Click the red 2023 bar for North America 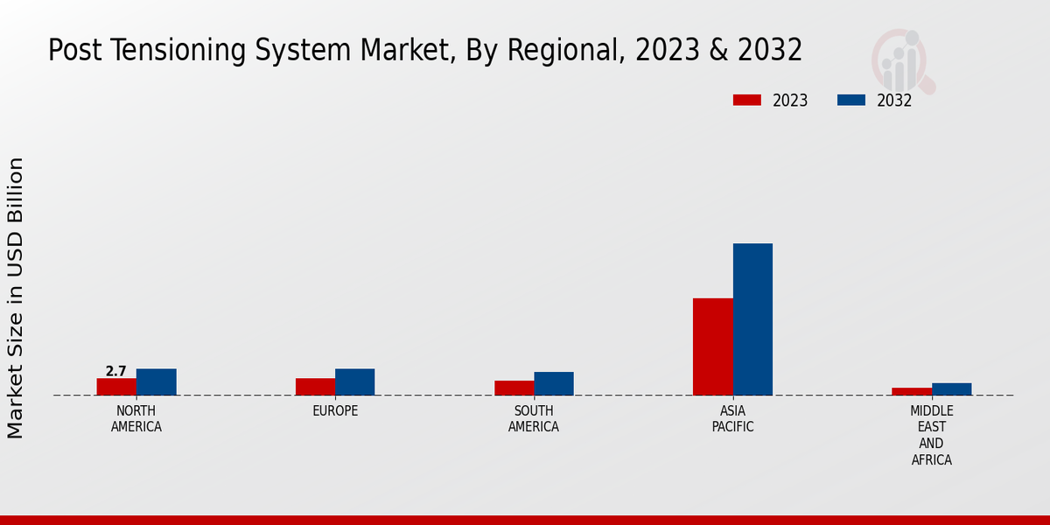point(116,387)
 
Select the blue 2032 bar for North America point(156,382)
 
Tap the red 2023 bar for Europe point(315,387)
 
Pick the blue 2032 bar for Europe point(354,382)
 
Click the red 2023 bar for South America point(514,388)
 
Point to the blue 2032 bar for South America point(553,383)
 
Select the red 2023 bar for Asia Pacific point(712,346)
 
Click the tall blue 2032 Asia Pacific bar point(752,319)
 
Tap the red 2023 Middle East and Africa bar point(912,391)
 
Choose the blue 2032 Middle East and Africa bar point(951,389)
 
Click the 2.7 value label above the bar point(116,371)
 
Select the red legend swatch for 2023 point(746,100)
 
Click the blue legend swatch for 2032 point(850,100)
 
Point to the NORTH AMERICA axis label point(136,418)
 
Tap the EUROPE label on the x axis point(335,410)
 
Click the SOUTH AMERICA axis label point(534,418)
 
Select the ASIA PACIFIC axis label point(732,418)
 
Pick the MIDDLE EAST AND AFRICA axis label point(932,435)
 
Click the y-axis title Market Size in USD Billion point(16,297)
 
